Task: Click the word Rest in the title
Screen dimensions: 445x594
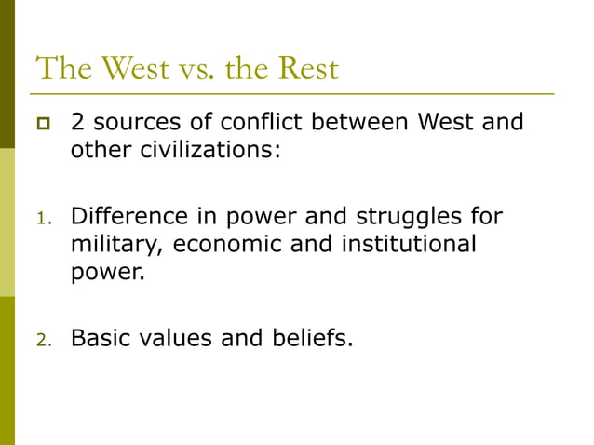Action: [x=305, y=68]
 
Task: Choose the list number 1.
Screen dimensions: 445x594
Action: [x=41, y=220]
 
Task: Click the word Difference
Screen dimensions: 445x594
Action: [x=126, y=217]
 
